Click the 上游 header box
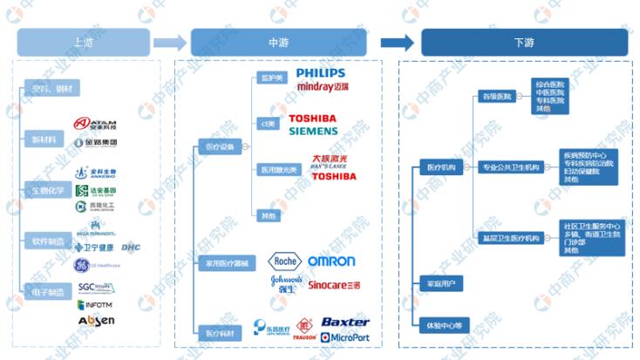(x=85, y=43)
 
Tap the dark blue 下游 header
(x=524, y=43)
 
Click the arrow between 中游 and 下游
(x=397, y=43)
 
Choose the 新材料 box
(x=42, y=139)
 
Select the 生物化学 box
(x=47, y=190)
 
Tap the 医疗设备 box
(x=215, y=146)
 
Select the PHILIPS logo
(x=320, y=72)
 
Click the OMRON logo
(x=331, y=261)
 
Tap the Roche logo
(x=284, y=261)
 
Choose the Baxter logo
(x=345, y=322)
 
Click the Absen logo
(x=95, y=322)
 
